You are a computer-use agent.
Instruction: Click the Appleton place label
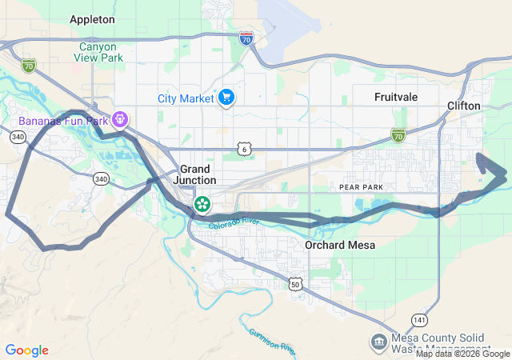coord(92,18)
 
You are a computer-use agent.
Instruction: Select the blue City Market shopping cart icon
coord(227,98)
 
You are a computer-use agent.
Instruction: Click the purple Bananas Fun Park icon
coord(121,121)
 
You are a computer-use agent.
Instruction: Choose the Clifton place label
coord(464,106)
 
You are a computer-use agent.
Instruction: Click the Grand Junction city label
coord(195,174)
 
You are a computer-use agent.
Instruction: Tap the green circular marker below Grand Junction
coord(203,204)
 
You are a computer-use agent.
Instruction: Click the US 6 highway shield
coord(244,149)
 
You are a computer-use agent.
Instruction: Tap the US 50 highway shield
coord(296,284)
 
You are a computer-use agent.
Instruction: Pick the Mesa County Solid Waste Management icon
coord(377,342)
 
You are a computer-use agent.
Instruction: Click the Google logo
coord(26,350)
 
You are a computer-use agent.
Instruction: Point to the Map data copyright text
coord(462,354)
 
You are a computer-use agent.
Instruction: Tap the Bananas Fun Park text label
coord(60,121)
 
